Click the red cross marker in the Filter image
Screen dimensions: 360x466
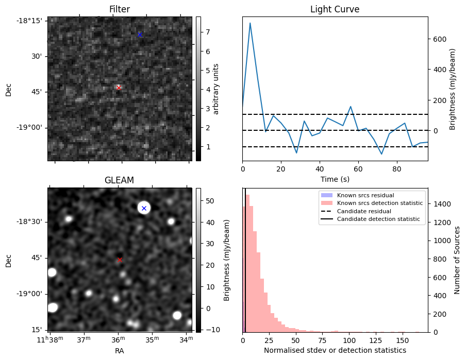[119, 88]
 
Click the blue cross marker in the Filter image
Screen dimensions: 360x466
[139, 35]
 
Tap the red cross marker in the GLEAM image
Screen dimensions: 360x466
[120, 260]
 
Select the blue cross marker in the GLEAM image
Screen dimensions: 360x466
[144, 208]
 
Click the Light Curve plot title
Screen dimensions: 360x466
[335, 9]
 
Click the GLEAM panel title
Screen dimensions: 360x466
[119, 180]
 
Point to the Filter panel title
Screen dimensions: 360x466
[119, 9]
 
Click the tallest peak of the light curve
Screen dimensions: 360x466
[250, 23]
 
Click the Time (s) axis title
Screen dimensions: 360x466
[335, 178]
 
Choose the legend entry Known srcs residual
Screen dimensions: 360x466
[365, 195]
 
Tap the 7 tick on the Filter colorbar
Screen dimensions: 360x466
[207, 32]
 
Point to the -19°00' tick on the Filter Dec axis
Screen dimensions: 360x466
[32, 128]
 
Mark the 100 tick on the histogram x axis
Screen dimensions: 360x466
[349, 340]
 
